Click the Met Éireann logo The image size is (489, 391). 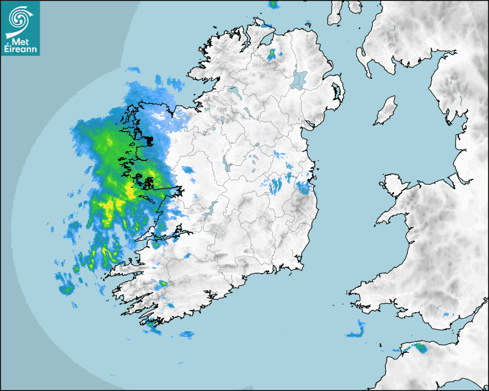20,28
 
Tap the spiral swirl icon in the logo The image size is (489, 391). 20,20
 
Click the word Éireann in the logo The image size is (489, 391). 21,49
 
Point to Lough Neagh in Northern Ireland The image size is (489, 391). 299,79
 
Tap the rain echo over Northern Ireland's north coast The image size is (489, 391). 272,55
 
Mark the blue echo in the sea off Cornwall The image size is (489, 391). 357,331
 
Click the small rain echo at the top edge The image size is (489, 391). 274,5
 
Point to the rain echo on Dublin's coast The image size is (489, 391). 303,186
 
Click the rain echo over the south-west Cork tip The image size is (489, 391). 152,325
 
